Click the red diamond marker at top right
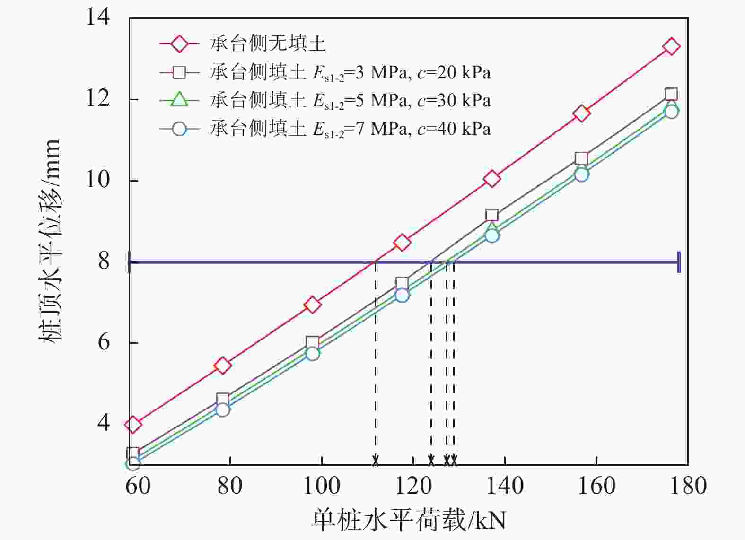pos(671,46)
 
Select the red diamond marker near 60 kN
pos(133,424)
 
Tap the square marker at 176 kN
pos(671,94)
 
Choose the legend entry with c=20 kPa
pos(350,72)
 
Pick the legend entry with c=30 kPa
pos(350,100)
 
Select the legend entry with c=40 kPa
pos(350,129)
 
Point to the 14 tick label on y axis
pos(98,18)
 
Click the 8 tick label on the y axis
pos(104,261)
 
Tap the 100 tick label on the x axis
pos(321,486)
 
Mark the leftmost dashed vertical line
pos(375,359)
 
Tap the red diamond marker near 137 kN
pos(492,179)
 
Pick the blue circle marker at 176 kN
pos(671,112)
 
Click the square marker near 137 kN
pos(492,215)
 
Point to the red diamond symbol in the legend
pos(179,44)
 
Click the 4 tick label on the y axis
pos(104,422)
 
